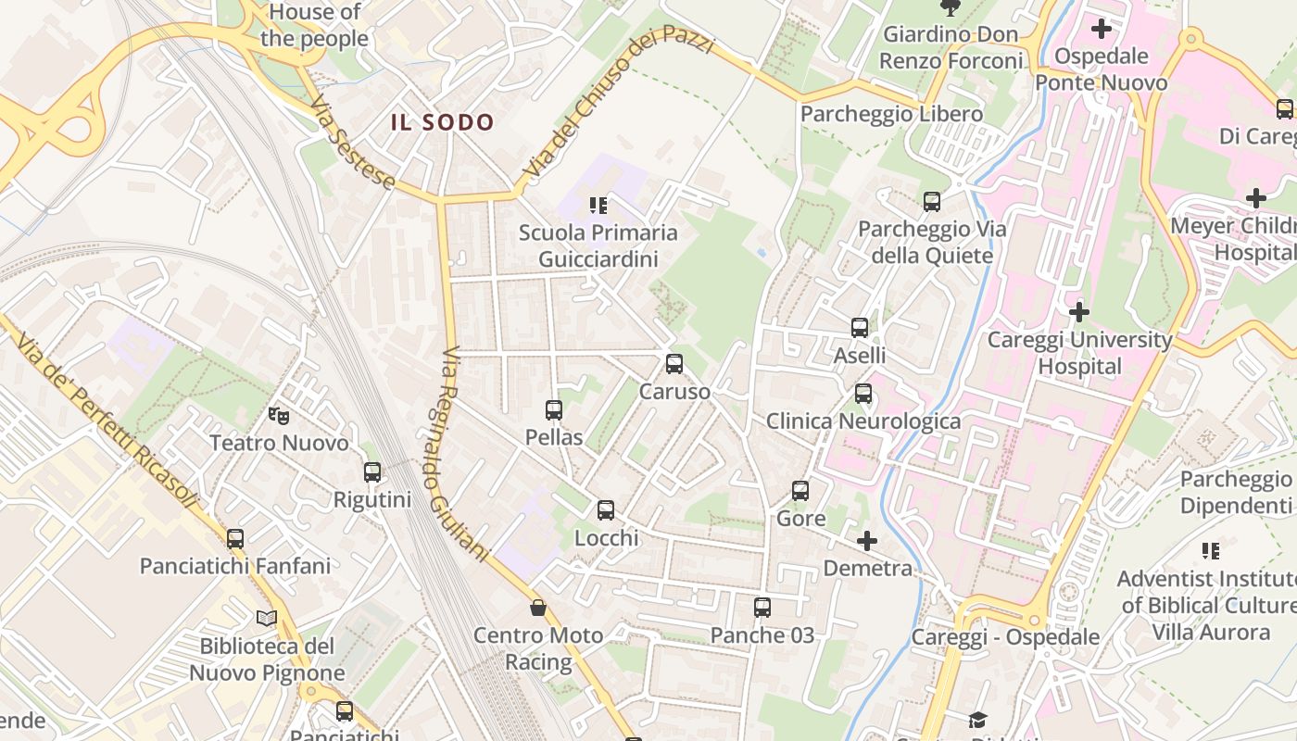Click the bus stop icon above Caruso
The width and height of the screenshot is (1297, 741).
click(674, 364)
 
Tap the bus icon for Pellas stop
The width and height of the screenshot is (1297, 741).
click(554, 409)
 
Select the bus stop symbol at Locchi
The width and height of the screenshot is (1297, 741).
click(606, 510)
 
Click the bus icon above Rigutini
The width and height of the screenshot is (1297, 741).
click(372, 472)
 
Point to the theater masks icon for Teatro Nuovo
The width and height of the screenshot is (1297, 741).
click(278, 415)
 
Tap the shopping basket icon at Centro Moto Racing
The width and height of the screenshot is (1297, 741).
click(537, 608)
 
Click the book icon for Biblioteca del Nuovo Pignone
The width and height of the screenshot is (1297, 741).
click(267, 618)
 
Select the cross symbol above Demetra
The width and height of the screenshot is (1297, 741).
click(867, 540)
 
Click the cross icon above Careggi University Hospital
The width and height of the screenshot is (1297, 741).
click(1078, 311)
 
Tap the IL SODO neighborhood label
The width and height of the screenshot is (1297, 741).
click(443, 122)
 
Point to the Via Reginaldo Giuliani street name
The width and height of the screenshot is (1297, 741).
click(463, 454)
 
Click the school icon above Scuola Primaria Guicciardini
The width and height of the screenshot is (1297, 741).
click(598, 205)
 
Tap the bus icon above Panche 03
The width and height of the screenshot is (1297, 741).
click(762, 608)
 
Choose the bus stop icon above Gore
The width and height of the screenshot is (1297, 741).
click(800, 491)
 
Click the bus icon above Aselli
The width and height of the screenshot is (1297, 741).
click(860, 327)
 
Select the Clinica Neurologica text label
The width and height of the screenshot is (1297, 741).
click(863, 421)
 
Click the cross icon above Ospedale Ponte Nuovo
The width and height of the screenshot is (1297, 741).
click(1101, 29)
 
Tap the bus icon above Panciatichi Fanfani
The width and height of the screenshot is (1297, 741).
click(235, 538)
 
